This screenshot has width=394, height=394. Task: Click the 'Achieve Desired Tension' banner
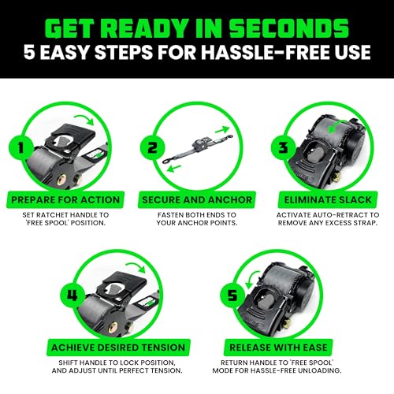tap(130, 347)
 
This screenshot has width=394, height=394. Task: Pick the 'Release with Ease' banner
tap(263, 347)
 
